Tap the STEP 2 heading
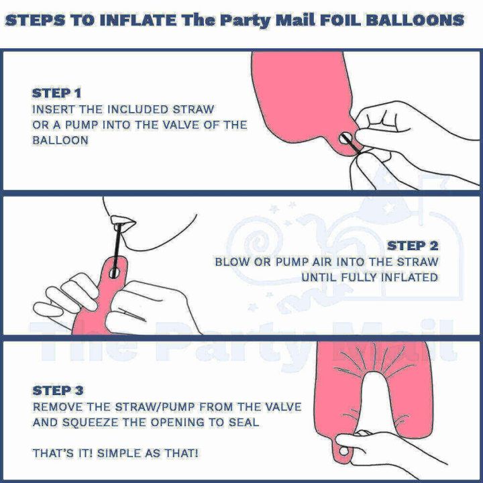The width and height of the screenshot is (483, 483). [413, 246]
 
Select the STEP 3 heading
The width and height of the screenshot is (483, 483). [58, 390]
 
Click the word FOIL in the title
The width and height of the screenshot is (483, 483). [339, 19]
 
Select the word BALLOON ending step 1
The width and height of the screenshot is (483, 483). [60, 141]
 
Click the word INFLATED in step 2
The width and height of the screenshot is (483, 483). [409, 277]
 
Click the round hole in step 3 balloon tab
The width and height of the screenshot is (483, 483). [344, 454]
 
